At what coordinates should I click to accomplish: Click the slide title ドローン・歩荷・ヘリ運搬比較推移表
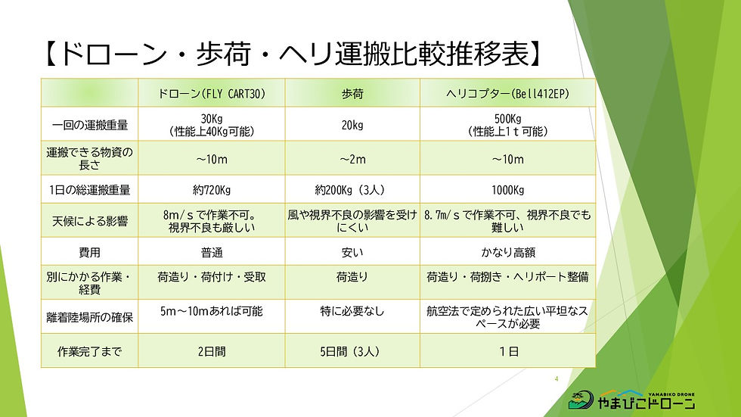(x=290, y=55)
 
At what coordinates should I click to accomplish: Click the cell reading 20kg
(x=352, y=126)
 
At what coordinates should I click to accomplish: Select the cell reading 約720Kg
(x=211, y=190)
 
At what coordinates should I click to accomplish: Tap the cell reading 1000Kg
(x=507, y=190)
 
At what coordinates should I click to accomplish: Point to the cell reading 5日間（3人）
(x=352, y=350)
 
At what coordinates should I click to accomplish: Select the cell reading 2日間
(x=211, y=350)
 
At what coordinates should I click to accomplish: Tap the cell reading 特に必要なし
(x=352, y=310)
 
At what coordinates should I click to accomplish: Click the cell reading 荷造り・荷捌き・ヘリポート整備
(x=507, y=278)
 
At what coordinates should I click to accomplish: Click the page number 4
(x=556, y=378)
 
